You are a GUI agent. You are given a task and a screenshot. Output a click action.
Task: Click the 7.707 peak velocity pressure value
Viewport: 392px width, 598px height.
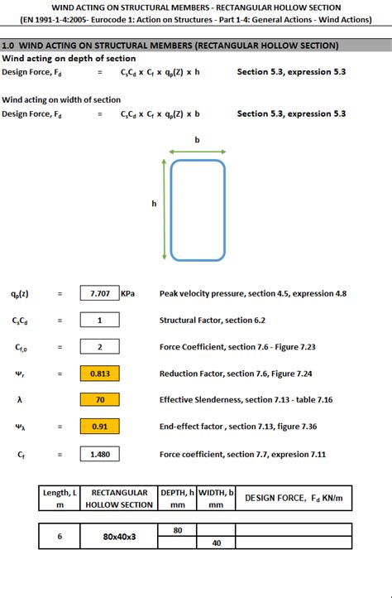100,293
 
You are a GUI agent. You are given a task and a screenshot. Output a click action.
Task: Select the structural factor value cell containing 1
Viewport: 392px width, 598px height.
100,320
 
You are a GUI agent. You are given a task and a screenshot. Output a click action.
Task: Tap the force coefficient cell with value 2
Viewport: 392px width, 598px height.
100,347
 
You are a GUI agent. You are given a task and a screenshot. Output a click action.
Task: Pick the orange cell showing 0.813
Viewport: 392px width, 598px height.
100,374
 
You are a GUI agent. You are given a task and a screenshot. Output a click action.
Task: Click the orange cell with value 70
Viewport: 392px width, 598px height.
100,400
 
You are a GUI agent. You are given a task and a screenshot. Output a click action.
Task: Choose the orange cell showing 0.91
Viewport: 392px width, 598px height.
100,427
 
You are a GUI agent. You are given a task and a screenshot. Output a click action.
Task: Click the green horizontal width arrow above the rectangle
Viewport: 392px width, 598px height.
197,152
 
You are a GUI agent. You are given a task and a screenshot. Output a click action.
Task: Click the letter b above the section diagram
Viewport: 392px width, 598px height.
197,140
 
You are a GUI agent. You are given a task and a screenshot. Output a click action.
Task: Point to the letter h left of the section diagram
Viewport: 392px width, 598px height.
154,204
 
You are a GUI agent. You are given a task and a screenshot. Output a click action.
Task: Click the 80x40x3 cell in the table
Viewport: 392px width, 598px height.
119,536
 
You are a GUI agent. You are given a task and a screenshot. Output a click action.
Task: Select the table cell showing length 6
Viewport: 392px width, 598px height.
60,536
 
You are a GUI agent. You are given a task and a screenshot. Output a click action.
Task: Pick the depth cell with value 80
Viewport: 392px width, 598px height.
177,529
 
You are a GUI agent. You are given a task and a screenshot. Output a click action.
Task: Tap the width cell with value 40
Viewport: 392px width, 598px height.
217,543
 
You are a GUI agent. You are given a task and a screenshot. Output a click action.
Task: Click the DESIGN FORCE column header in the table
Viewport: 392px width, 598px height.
294,498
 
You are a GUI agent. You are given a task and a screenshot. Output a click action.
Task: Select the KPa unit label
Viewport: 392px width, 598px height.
128,293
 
